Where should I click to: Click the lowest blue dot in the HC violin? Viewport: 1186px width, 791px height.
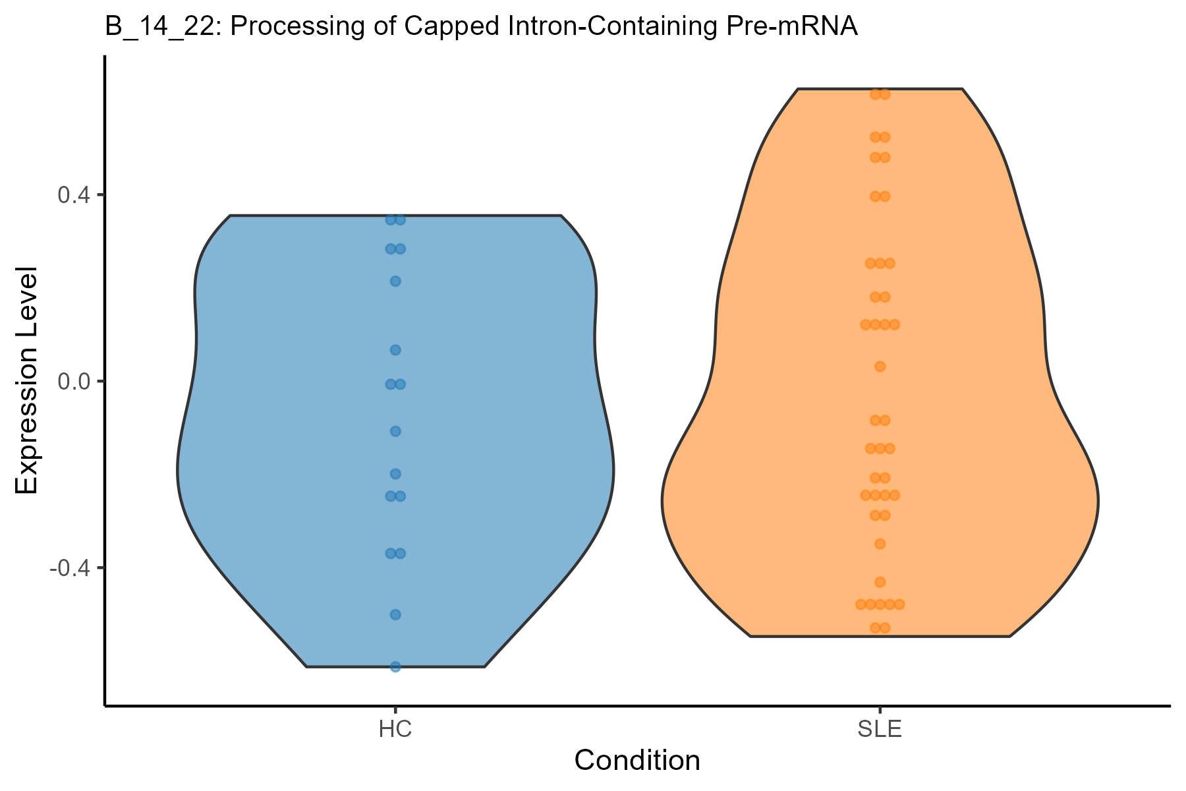(x=395, y=666)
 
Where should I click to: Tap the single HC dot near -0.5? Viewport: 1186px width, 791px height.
(x=395, y=614)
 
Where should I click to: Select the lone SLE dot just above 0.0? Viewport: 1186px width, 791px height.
(x=880, y=366)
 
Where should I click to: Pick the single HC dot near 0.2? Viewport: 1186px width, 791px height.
(x=395, y=281)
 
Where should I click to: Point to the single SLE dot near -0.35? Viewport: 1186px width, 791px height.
(x=880, y=544)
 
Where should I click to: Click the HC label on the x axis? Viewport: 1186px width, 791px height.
(x=395, y=730)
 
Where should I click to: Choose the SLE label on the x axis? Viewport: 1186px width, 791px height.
(x=880, y=730)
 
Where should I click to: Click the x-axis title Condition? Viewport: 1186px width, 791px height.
(x=637, y=761)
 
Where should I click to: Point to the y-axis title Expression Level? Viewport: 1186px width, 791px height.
(x=28, y=381)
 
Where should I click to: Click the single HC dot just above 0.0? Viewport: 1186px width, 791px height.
(x=395, y=350)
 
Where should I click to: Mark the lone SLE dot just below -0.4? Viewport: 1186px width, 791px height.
(x=880, y=582)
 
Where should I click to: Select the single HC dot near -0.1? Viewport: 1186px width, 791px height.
(x=395, y=431)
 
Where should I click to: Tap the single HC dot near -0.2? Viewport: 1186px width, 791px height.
(x=395, y=474)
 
